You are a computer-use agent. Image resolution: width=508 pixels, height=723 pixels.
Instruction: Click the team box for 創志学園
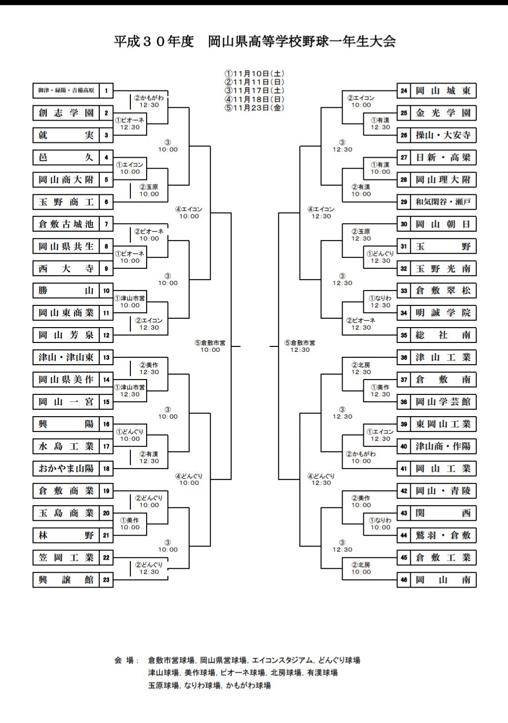(x=66, y=113)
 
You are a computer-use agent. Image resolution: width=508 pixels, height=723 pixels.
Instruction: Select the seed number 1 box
(x=106, y=91)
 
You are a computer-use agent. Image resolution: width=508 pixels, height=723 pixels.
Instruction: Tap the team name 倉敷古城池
(x=66, y=224)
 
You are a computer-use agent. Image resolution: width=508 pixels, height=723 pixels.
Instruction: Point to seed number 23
(x=106, y=580)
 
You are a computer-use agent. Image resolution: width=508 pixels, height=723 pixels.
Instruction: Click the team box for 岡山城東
(x=443, y=91)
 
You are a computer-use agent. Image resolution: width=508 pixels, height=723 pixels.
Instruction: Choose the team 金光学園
(x=443, y=113)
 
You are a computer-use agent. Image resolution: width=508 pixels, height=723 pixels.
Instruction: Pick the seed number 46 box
(x=403, y=580)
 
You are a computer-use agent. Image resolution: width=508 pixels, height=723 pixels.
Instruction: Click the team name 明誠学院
(x=443, y=313)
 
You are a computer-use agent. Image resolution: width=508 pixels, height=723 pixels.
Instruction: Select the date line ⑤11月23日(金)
(x=254, y=108)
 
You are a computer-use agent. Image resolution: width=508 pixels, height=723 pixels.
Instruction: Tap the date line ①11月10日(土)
(x=254, y=74)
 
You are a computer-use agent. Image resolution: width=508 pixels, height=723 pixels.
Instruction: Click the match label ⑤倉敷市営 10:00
(x=210, y=346)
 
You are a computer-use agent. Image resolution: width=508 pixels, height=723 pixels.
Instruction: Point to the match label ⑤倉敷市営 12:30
(x=300, y=346)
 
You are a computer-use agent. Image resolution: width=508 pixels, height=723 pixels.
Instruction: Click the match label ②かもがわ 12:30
(x=149, y=101)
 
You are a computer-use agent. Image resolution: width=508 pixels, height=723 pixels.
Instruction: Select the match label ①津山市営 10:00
(x=130, y=302)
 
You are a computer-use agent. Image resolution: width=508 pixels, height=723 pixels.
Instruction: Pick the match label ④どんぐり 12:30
(x=321, y=479)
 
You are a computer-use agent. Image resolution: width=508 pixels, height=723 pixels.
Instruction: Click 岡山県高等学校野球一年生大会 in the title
(x=302, y=42)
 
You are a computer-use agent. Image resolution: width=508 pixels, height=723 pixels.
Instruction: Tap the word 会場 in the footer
(x=124, y=660)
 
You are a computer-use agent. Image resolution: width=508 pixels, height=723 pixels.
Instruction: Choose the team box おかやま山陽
(x=66, y=468)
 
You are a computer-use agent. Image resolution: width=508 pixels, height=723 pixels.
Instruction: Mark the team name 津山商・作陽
(x=443, y=446)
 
